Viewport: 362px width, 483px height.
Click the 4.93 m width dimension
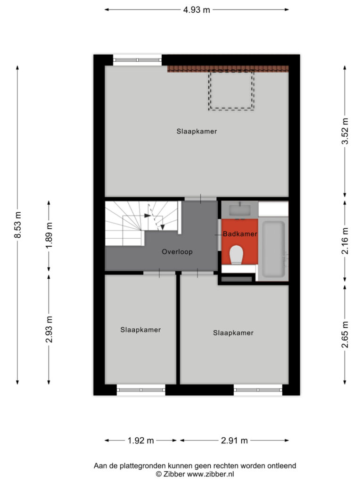click(197, 10)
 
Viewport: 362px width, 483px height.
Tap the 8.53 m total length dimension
click(18, 225)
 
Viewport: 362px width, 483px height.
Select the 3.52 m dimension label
click(345, 131)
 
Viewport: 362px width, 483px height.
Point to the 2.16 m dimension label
click(345, 241)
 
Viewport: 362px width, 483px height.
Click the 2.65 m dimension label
click(345, 334)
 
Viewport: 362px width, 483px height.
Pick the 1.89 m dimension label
click(49, 235)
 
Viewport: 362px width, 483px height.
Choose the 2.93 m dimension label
click(49, 329)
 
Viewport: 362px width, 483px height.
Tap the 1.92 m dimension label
click(140, 441)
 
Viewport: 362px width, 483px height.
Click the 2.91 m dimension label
click(234, 441)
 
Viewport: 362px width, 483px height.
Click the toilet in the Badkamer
click(237, 255)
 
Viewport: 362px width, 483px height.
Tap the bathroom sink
click(240, 210)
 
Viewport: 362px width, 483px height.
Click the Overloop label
click(177, 252)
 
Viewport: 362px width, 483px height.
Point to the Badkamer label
click(240, 234)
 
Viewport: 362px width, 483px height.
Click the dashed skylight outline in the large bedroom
click(231, 90)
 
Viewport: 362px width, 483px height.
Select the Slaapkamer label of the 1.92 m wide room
click(140, 330)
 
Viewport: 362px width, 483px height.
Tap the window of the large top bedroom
click(137, 60)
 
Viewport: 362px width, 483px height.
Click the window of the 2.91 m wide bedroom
click(258, 390)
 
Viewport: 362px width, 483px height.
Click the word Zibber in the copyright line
click(174, 474)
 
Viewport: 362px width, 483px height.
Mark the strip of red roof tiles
click(228, 69)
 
